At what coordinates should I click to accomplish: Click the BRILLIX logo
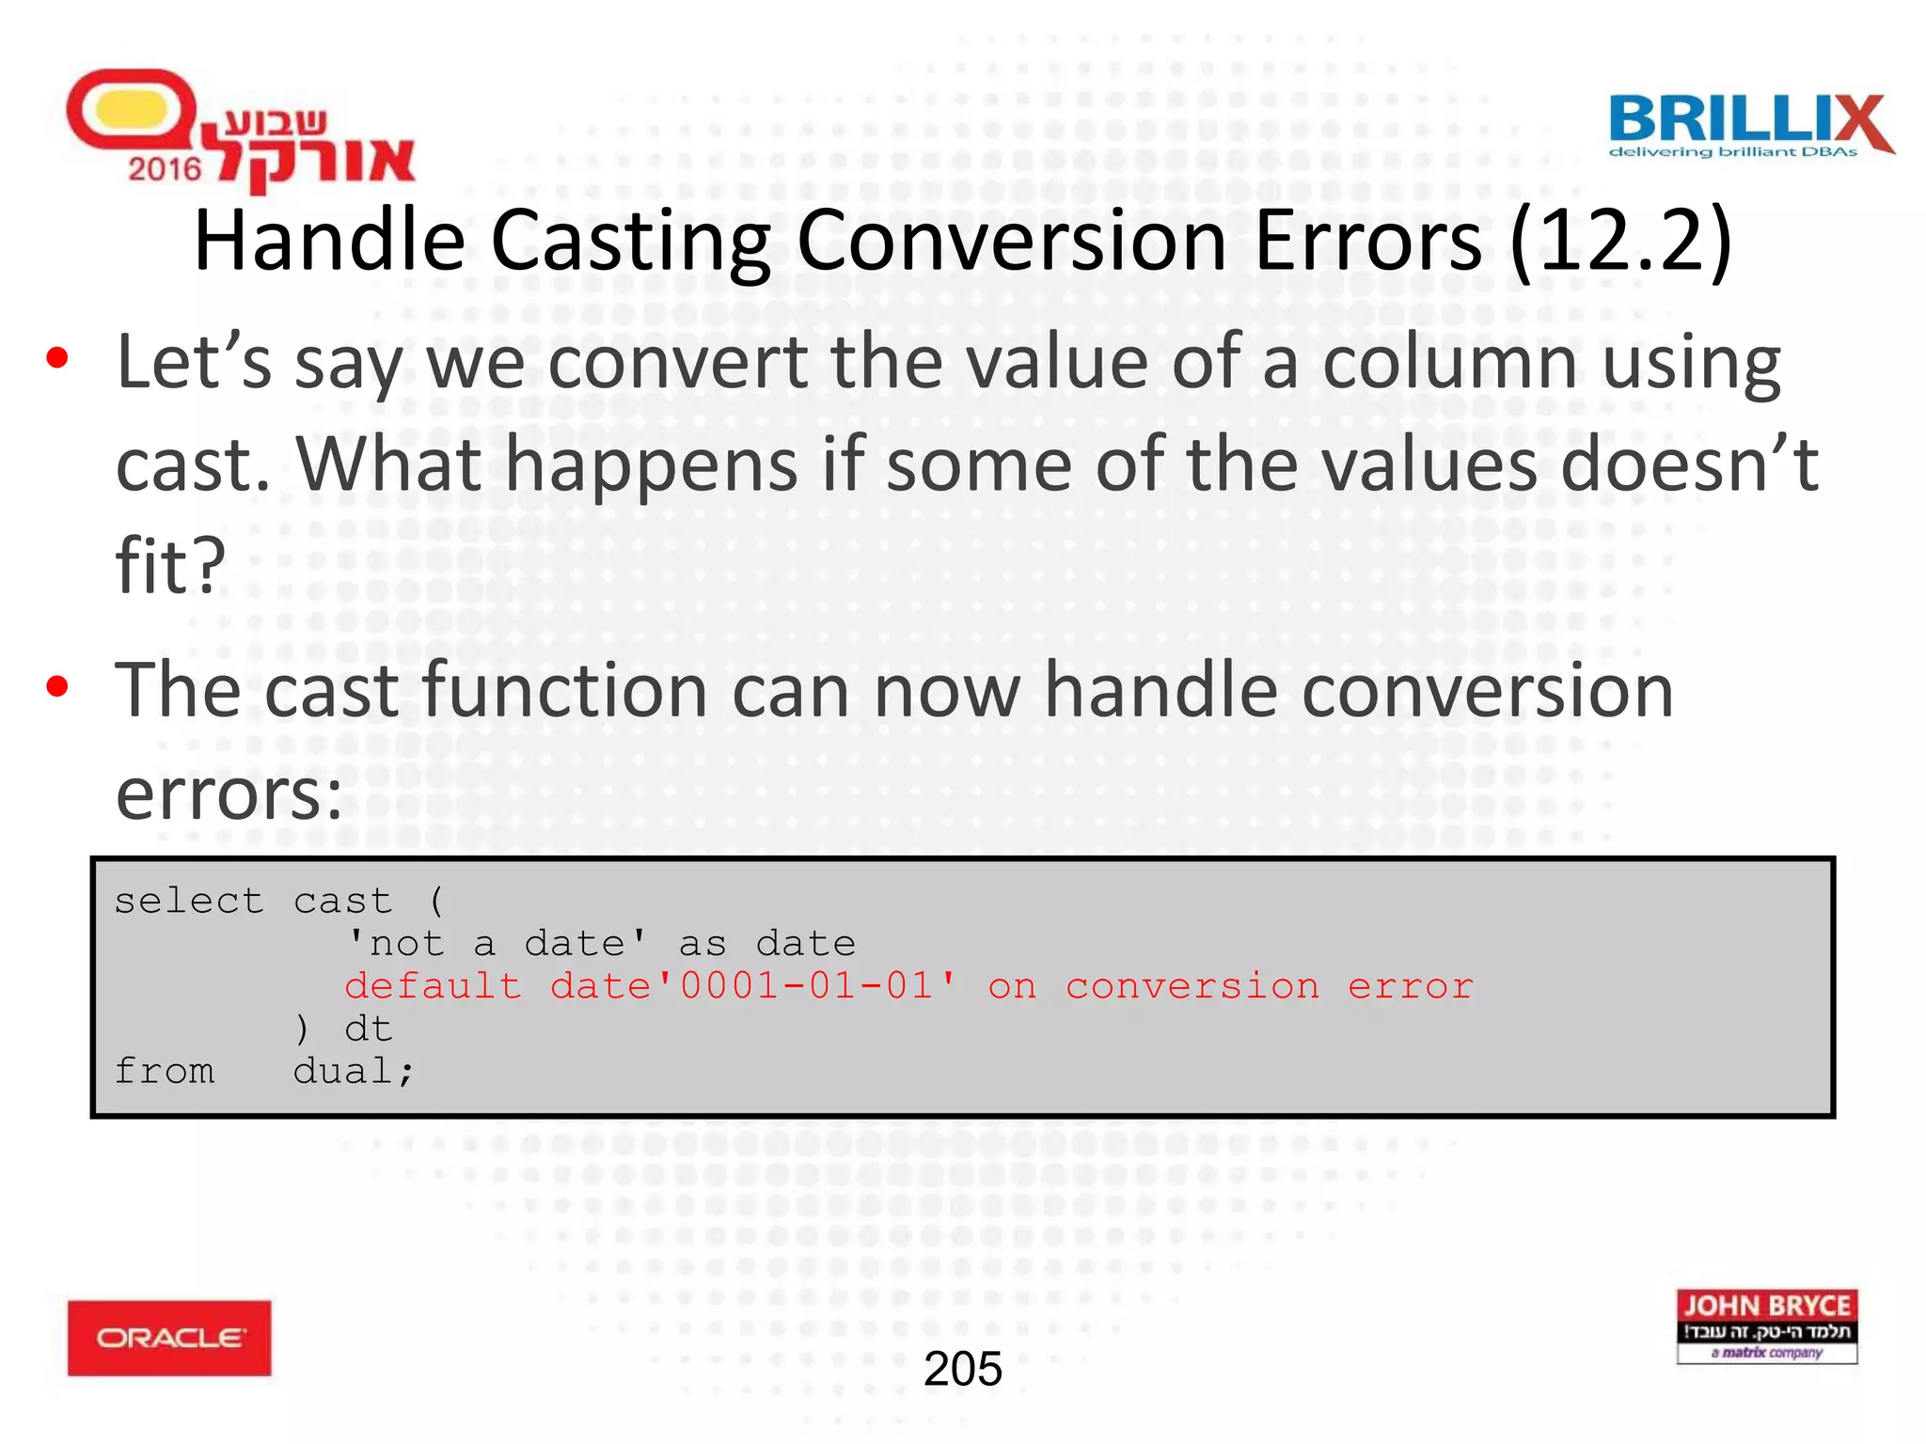pos(1749,125)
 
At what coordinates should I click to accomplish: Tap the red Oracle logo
pos(169,1337)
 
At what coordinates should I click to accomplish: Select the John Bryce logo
pos(1766,1326)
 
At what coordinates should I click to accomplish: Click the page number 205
pos(962,1369)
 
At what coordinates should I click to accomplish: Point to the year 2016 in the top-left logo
pos(165,169)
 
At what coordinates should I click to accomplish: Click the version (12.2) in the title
pos(1619,242)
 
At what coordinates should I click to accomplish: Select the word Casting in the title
pos(630,242)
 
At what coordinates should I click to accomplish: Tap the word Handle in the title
pos(329,242)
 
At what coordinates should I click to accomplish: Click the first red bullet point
pos(57,358)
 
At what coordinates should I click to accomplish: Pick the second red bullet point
pos(57,687)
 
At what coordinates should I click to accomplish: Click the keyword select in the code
pos(188,902)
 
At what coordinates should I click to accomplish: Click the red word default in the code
pos(433,986)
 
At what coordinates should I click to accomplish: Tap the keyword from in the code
pos(165,1072)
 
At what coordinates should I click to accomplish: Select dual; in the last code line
pos(353,1072)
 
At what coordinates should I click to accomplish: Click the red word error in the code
pos(1410,986)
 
